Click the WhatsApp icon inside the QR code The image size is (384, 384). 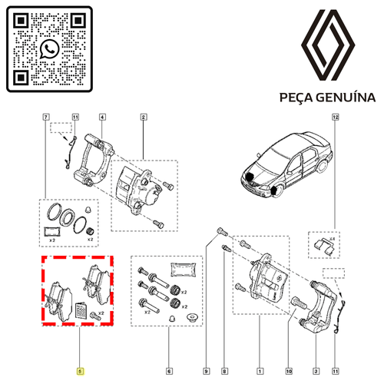coord(49,49)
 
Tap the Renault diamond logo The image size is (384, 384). coord(328,45)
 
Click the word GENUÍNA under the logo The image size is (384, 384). coord(346,98)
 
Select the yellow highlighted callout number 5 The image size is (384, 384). coord(80,371)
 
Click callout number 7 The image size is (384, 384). coord(46,118)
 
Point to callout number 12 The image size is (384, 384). coord(336,118)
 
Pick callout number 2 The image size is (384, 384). coord(144,118)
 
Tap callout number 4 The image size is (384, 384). coord(102,118)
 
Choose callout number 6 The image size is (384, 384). coord(169,371)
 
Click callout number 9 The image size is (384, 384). coord(207,371)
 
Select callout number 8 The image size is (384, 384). coord(224,371)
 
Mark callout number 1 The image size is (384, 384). coord(260,371)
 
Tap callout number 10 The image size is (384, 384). coord(289,371)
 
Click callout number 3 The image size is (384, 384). coord(316,371)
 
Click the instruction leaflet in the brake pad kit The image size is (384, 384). coord(81,310)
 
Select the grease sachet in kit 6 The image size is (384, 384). coord(184,270)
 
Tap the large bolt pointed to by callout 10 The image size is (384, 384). coord(299,303)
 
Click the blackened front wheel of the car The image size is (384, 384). coord(275,191)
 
